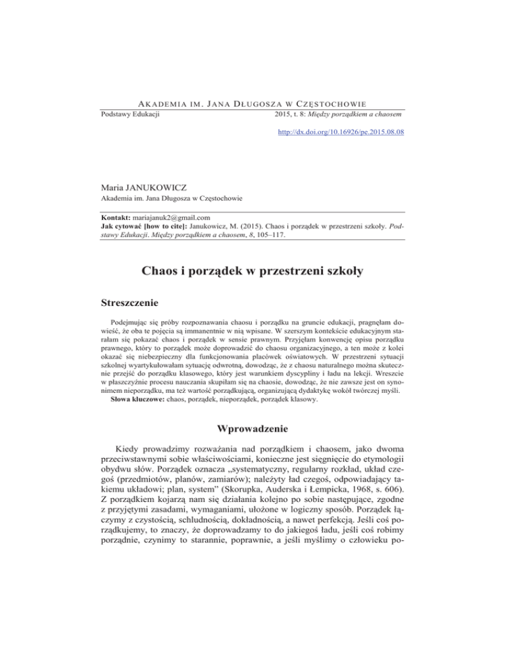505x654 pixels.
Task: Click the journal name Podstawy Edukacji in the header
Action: click(x=131, y=116)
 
